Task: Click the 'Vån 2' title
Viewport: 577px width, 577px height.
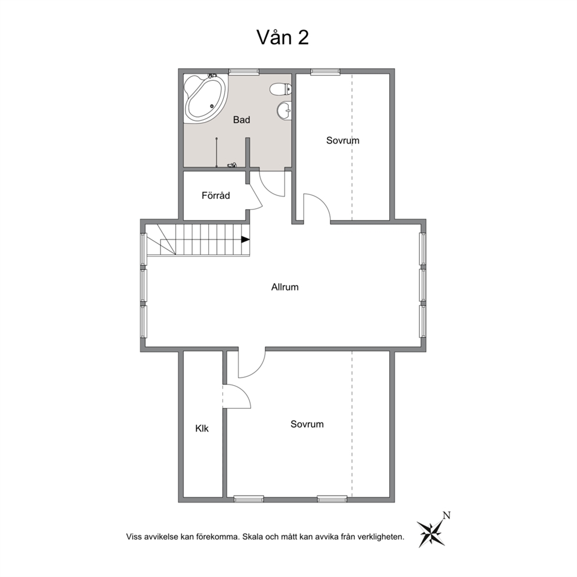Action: [282, 38]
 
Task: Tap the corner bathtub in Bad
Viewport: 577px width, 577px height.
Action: [205, 98]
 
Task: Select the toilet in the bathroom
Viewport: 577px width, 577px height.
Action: [280, 88]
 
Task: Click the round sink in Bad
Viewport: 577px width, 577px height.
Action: [284, 110]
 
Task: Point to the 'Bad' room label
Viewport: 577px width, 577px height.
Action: [241, 120]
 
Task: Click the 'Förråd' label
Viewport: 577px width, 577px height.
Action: [216, 195]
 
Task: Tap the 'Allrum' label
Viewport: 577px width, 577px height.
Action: [285, 287]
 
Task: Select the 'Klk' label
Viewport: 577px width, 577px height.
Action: [202, 428]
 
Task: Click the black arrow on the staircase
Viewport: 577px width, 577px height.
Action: [245, 239]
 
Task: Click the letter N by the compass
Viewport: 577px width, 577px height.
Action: [446, 515]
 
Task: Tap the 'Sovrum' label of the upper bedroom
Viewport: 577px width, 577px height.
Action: [343, 140]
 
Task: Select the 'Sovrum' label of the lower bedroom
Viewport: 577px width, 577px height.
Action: [307, 424]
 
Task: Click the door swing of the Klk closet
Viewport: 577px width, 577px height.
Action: [243, 391]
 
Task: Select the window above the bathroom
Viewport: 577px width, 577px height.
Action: [244, 72]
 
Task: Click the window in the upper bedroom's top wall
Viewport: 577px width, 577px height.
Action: [325, 72]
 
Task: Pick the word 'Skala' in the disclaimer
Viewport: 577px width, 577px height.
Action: [252, 537]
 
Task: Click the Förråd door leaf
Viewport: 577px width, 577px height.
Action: [256, 197]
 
